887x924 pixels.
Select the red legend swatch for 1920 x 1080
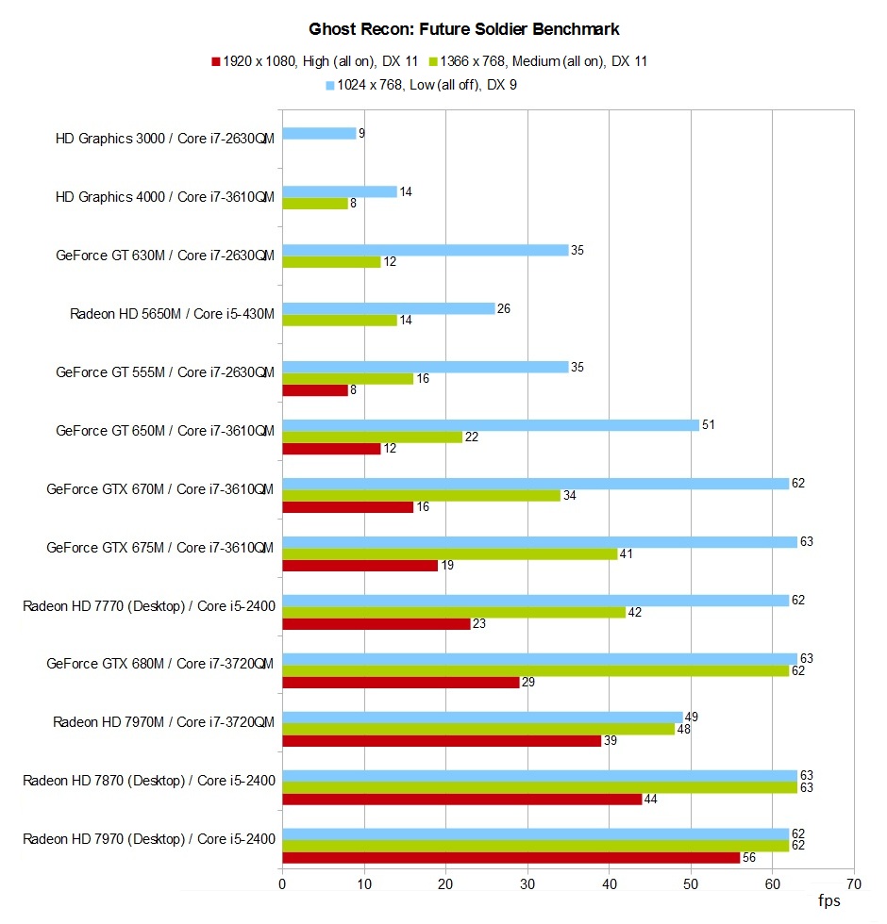216,62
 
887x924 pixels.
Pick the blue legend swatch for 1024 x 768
330,85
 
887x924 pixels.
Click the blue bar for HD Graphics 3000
319,133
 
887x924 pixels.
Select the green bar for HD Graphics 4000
314,203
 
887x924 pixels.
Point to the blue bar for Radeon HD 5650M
388,308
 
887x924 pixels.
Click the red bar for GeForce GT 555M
314,390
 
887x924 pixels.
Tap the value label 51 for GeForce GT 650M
708,424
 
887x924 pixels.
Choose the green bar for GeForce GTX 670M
421,495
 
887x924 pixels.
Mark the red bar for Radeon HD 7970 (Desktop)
510,857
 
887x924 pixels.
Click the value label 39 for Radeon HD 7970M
610,741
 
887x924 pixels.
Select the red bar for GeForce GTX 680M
400,682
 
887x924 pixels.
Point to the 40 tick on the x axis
609,883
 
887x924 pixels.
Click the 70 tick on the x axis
853,883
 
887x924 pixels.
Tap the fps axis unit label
828,901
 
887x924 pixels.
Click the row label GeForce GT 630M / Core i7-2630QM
165,256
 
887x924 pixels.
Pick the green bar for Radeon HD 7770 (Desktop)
453,612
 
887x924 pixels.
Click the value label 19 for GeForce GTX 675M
447,566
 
